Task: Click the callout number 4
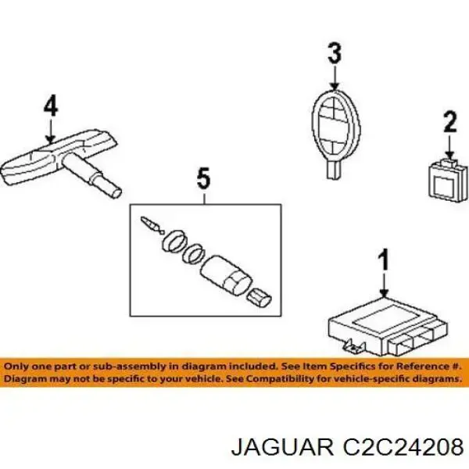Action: [50, 106]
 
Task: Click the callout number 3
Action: [334, 54]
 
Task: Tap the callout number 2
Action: [449, 122]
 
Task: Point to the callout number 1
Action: [383, 260]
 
